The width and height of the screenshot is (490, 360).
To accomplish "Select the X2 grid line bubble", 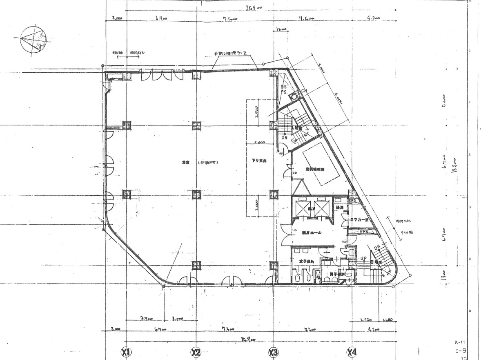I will tap(196, 352).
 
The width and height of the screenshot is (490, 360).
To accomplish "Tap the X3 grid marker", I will tap(273, 352).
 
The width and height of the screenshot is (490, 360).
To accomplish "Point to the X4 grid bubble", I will tap(352, 352).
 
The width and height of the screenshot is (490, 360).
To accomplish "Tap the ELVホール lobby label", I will tap(312, 233).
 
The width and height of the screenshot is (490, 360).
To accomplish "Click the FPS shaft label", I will tap(364, 232).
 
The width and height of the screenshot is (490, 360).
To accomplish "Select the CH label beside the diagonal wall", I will tap(304, 91).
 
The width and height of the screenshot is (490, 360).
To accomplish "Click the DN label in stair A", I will tap(284, 138).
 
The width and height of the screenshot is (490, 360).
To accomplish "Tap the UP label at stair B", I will tap(363, 259).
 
